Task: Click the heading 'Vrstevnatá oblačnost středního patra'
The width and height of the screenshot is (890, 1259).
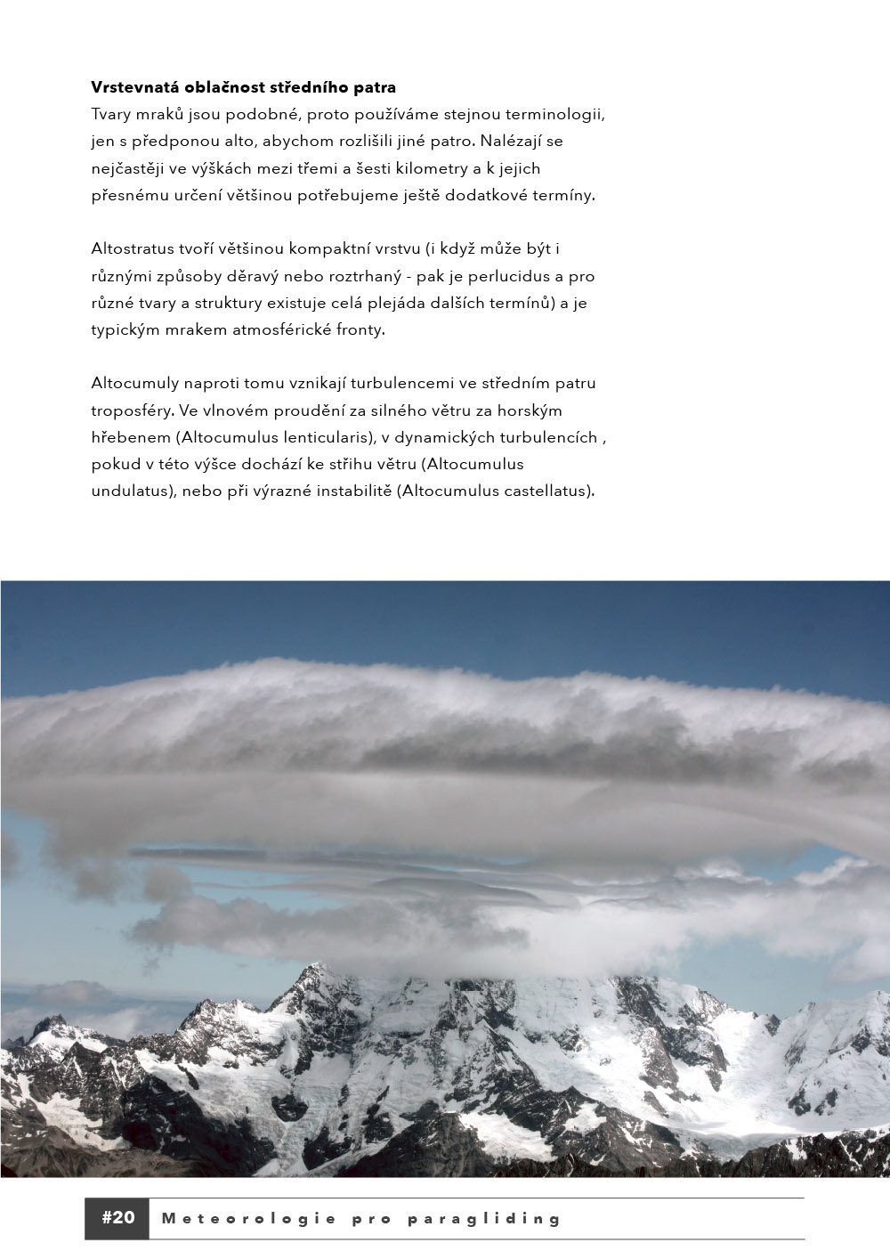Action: click(x=243, y=87)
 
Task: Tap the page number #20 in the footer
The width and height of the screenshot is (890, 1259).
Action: click(x=117, y=1218)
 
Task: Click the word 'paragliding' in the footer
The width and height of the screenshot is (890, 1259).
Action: click(x=484, y=1219)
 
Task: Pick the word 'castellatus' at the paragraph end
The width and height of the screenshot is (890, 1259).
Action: click(x=546, y=491)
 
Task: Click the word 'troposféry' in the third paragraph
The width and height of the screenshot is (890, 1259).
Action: click(x=133, y=410)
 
